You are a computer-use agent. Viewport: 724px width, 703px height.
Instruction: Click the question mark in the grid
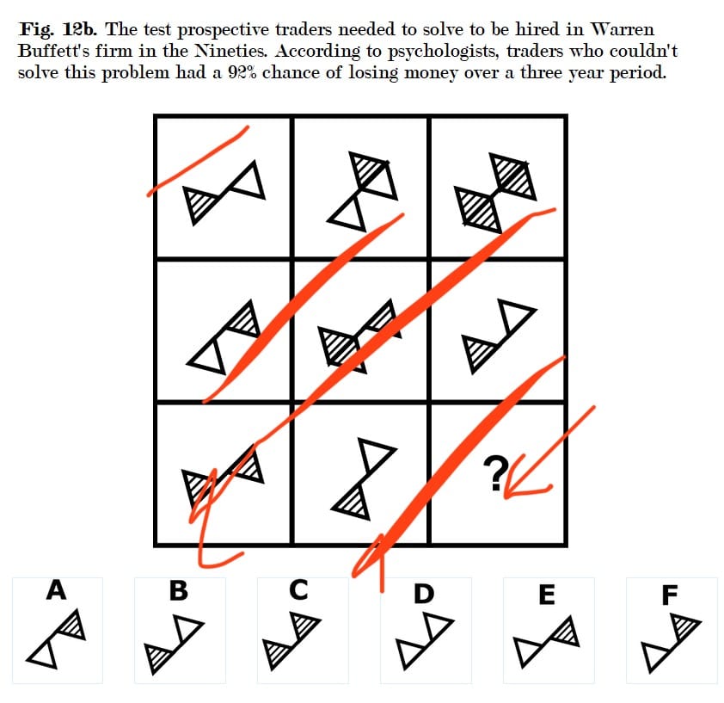pos(495,473)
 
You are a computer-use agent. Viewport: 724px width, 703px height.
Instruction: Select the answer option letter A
pos(57,589)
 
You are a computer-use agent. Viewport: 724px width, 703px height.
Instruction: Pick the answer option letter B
pos(179,590)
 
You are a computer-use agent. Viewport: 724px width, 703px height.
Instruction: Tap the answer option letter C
pos(298,590)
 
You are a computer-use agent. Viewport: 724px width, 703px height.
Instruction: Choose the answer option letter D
pos(424,594)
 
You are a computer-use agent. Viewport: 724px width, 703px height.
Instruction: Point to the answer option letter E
pos(547,595)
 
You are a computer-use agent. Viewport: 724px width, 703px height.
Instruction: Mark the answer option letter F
pos(670,595)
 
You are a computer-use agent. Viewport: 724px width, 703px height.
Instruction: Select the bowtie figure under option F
pos(672,643)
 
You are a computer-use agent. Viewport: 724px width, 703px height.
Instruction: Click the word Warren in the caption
pos(623,29)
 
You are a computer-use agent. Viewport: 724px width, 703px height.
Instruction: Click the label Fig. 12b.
pos(58,29)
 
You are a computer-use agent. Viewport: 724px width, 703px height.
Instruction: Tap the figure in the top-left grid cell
pos(224,193)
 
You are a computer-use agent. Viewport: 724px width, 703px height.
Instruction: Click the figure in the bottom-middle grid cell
pos(364,478)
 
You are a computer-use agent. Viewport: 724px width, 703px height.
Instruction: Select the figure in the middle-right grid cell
pos(499,336)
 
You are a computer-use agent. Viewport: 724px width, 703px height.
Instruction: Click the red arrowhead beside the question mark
pos(522,481)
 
